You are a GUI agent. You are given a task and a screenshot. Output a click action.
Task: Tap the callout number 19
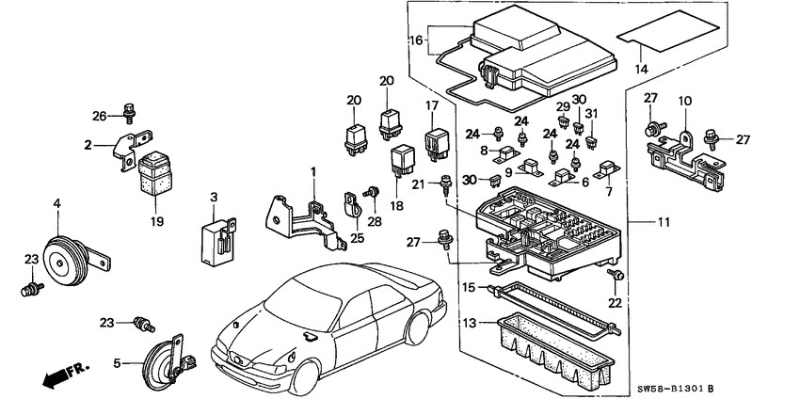coord(156,222)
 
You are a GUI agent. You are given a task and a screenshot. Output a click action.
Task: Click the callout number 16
coord(417,41)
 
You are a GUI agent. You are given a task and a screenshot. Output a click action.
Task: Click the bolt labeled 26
coord(129,118)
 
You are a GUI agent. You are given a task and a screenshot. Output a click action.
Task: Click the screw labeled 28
coord(372,193)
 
